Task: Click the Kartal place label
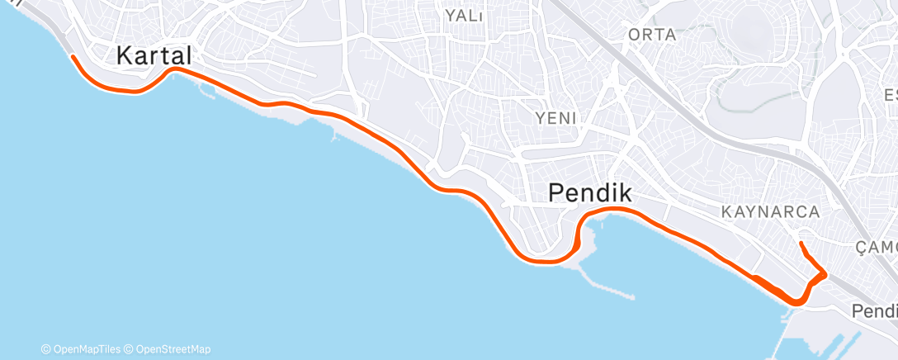(x=154, y=56)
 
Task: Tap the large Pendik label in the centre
(x=590, y=194)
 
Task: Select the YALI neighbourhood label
(x=463, y=16)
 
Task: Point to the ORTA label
(x=652, y=35)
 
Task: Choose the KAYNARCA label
(x=770, y=212)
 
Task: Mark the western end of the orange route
(x=73, y=56)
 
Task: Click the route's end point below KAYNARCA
(x=801, y=243)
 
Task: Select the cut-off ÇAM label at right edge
(x=876, y=248)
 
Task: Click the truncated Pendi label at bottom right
(x=875, y=312)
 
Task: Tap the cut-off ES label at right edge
(x=890, y=93)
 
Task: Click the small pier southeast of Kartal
(x=333, y=135)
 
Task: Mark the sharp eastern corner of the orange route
(x=825, y=273)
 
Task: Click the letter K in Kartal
(x=125, y=56)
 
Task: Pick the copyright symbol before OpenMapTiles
(x=45, y=349)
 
